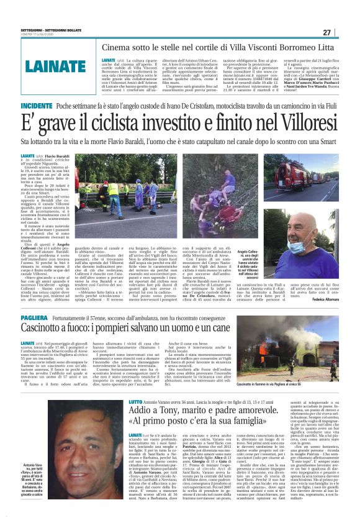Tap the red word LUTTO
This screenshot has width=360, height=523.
point(136,402)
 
